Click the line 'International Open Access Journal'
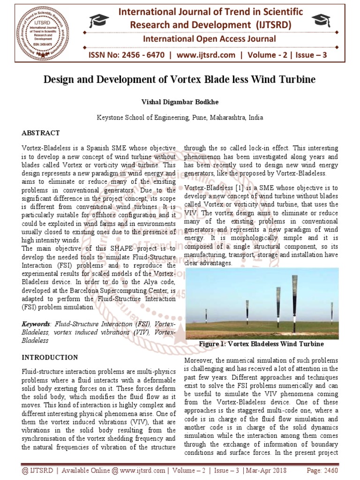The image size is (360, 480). pos(209,39)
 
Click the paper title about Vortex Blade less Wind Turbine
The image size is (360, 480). pos(180,79)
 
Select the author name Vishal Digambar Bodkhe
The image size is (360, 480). pos(180,102)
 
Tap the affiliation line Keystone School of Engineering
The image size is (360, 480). pos(180,118)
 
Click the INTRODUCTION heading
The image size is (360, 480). pos(50,357)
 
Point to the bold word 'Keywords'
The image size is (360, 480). pos(36,324)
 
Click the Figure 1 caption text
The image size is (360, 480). pos(261,344)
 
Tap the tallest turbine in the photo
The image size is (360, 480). pos(294,305)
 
